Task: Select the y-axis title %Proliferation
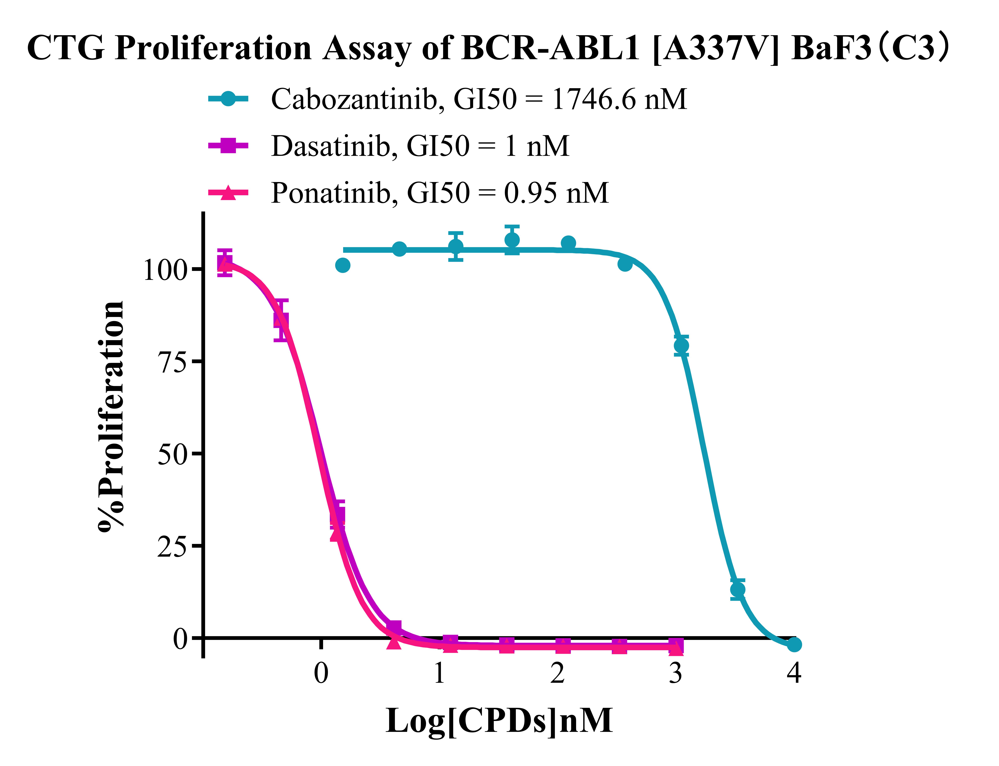tap(111, 416)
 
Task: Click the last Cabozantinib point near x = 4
tap(794, 644)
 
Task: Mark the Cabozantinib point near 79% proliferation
tap(681, 346)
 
